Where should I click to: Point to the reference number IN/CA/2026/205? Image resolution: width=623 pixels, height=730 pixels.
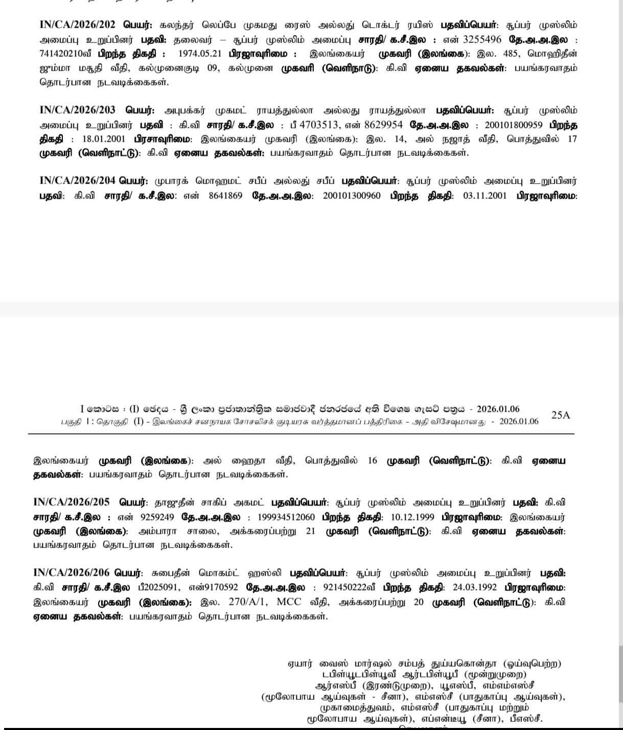coord(71,502)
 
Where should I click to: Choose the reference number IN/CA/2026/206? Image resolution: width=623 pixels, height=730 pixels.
coord(71,573)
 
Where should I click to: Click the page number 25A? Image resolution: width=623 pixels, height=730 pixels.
coord(560,415)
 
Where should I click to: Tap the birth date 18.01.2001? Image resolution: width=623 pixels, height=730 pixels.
coord(104,139)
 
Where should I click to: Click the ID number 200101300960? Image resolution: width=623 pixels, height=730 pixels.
coord(352,196)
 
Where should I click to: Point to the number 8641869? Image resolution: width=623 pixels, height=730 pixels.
coord(225,196)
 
